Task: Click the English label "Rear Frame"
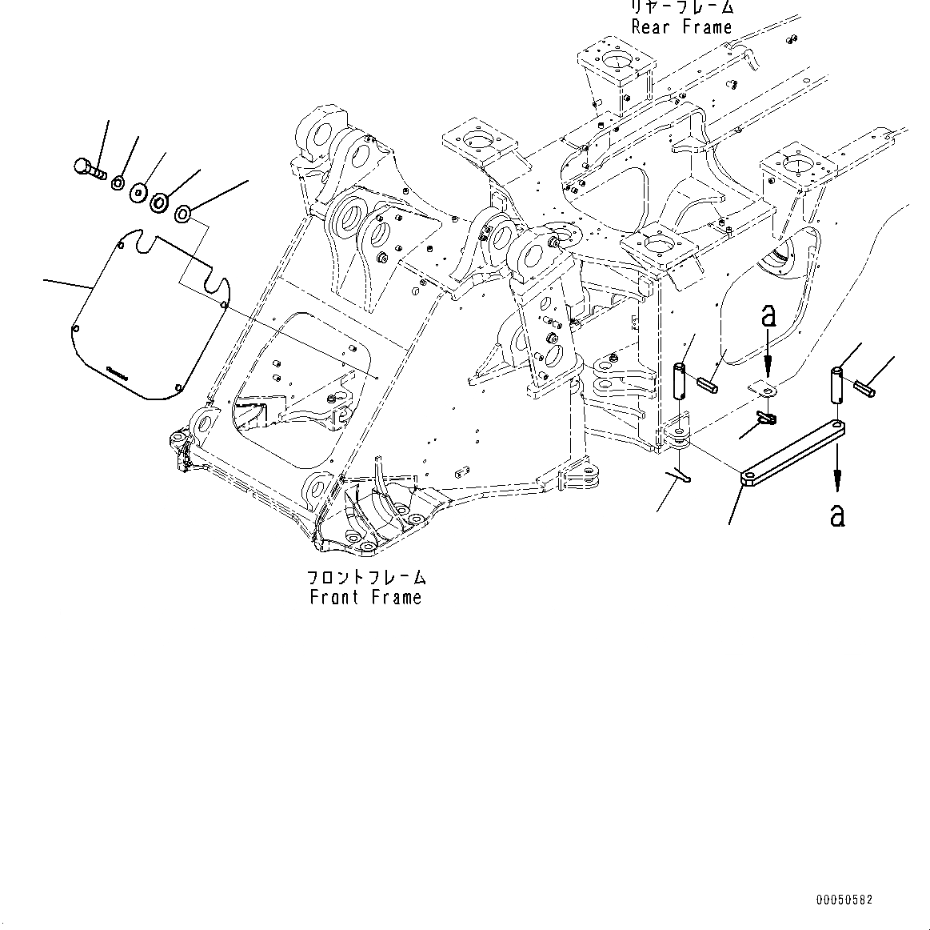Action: click(x=681, y=27)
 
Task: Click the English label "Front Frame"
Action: click(x=365, y=597)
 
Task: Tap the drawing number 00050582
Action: click(x=844, y=900)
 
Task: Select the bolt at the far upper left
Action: click(x=87, y=168)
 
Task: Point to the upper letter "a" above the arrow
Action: click(x=768, y=317)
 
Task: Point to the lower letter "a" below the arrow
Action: click(x=836, y=515)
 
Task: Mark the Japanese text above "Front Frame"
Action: click(x=365, y=577)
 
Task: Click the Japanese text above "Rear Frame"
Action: click(x=681, y=7)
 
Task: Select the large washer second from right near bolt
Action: click(x=160, y=202)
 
